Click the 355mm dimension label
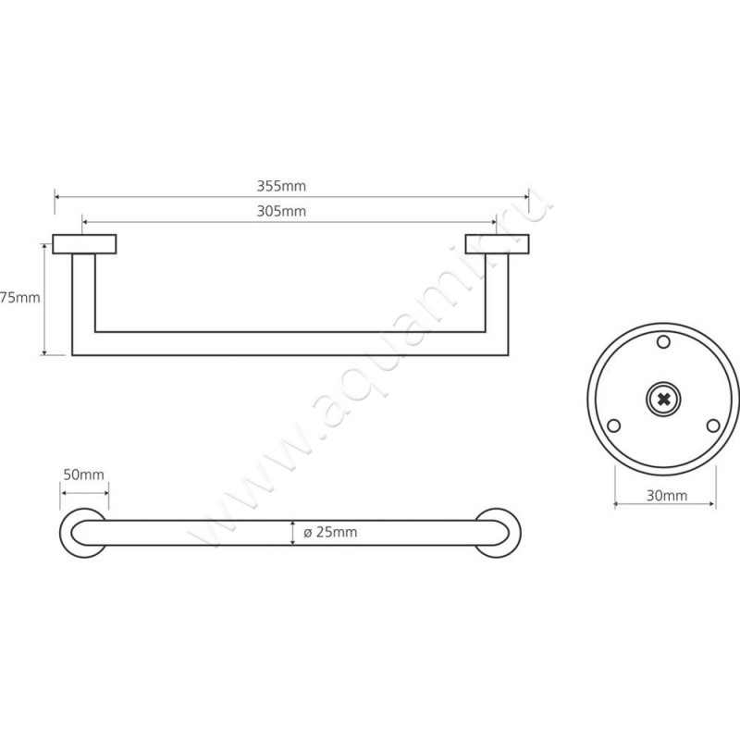[x=281, y=185]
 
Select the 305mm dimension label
[x=281, y=211]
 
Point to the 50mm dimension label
[x=82, y=475]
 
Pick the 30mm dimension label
[x=666, y=496]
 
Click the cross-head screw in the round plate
[x=663, y=399]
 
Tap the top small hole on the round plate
[x=663, y=343]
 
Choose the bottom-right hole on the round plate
[x=712, y=425]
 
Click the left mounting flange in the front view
[x=84, y=244]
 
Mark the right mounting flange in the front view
[x=497, y=244]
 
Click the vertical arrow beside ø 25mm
[x=293, y=532]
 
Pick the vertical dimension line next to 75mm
[x=44, y=298]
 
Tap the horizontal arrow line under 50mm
[x=84, y=493]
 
